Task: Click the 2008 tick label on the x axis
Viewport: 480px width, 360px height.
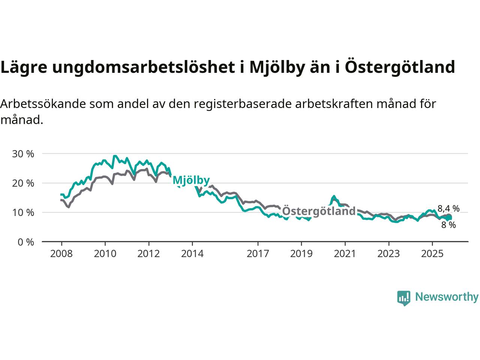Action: click(x=61, y=254)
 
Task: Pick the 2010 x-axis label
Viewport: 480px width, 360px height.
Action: click(x=105, y=254)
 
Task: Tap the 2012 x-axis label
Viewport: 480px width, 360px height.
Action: click(x=148, y=254)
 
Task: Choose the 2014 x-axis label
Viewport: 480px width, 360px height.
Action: click(x=192, y=254)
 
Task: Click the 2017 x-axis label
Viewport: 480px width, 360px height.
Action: click(x=258, y=254)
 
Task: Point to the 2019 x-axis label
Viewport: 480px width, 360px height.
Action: click(x=301, y=254)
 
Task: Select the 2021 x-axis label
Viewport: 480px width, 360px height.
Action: click(x=345, y=254)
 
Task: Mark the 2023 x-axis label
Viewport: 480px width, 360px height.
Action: click(x=388, y=254)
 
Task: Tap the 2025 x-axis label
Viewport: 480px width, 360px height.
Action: click(x=432, y=254)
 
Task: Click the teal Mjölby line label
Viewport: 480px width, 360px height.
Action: click(x=191, y=181)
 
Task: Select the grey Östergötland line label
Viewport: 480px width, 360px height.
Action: click(x=318, y=211)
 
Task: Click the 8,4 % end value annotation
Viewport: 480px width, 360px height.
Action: click(x=448, y=209)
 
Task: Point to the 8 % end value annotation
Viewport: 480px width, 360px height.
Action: click(x=448, y=225)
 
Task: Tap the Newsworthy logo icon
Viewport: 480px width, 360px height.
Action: click(x=403, y=298)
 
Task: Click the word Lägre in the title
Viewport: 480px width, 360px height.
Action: click(x=24, y=67)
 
